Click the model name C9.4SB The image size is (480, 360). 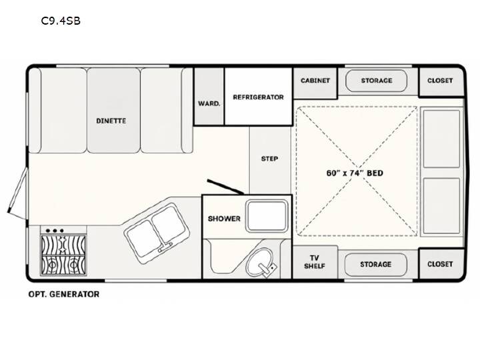coord(61,21)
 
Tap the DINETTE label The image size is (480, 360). coord(111,121)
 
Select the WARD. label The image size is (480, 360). coord(209,103)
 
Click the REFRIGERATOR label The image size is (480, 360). coord(259,97)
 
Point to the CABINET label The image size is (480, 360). coord(315,81)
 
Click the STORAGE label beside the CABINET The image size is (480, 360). coord(377,81)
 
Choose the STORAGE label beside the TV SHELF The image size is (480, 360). coord(375,264)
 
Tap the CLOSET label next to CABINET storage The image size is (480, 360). coord(440,81)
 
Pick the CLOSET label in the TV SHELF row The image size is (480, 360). coord(440,264)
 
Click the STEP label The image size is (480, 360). coord(269,159)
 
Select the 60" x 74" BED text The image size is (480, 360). coord(355,173)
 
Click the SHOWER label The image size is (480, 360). coord(224,219)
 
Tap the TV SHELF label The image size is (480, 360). coord(315,262)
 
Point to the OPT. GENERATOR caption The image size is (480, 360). coord(64,294)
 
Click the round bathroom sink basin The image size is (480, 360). coord(260,261)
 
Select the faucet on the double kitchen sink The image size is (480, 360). coord(165,247)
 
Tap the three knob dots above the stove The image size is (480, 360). coord(55,231)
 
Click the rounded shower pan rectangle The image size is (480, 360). coord(267,216)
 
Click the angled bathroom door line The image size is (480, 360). coord(225,187)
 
